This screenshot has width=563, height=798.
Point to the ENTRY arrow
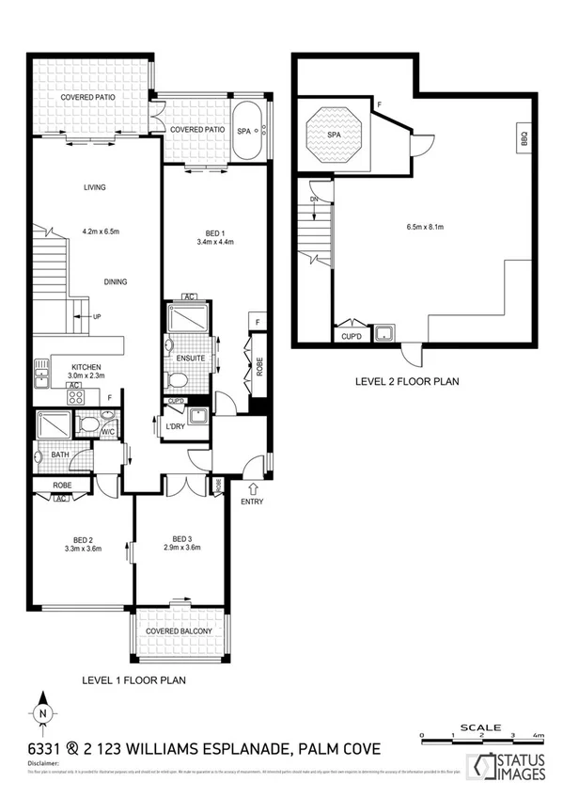coord(251,487)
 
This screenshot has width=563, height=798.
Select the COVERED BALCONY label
coord(178,631)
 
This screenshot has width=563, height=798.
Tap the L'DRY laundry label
coord(176,427)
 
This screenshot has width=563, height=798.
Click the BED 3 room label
coord(183,538)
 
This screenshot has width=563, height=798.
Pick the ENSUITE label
coord(190,359)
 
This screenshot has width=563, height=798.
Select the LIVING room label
coord(92,187)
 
